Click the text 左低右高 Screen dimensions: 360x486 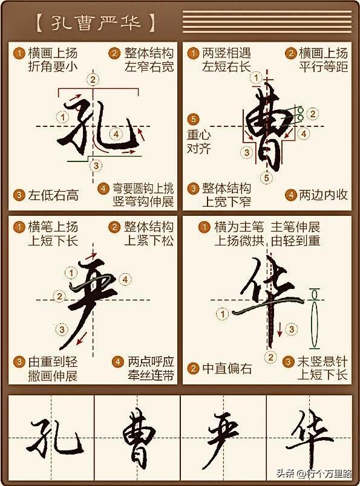pos(53,195)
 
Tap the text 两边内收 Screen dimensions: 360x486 pos(322,195)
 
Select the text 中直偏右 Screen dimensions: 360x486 pos(227,368)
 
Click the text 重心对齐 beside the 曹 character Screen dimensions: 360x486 pos(198,141)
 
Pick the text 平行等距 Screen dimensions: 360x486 pos(323,67)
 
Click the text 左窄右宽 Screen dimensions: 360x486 pos(149,67)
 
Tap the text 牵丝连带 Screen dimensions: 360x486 pos(151,375)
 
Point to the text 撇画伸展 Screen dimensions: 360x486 pos(53,375)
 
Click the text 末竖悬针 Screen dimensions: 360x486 pos(322,361)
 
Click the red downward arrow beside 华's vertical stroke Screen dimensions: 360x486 pos(280,329)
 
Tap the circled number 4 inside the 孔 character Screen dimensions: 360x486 pos(116,134)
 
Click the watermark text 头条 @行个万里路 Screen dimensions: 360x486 pos(314,473)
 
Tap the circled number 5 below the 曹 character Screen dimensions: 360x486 pos(267,178)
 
